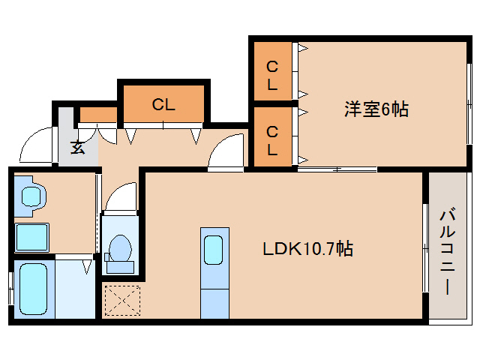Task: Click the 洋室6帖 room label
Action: click(x=376, y=109)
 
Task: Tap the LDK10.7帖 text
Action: click(x=307, y=248)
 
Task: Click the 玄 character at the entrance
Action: click(x=78, y=147)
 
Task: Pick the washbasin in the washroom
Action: click(x=31, y=196)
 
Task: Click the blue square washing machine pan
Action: click(x=33, y=237)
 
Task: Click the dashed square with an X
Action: click(x=122, y=301)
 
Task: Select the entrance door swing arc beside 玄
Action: click(x=36, y=147)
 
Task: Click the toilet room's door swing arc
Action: click(x=120, y=199)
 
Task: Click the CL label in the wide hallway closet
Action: click(x=163, y=105)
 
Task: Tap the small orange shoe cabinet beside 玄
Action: click(x=98, y=115)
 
